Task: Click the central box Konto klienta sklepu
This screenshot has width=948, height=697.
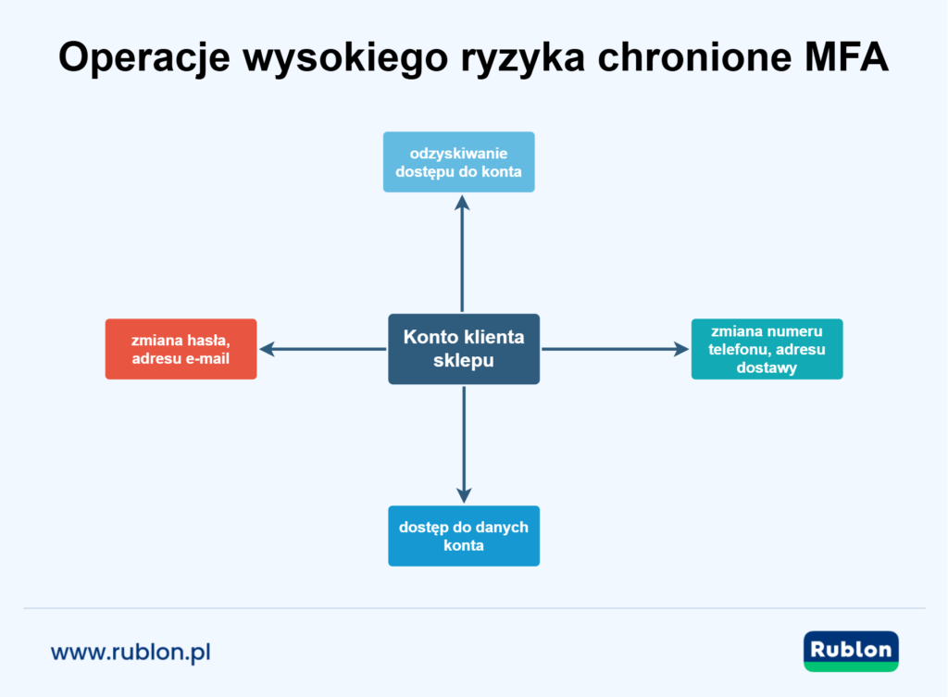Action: [x=463, y=349]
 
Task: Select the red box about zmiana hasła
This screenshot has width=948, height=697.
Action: [x=181, y=349]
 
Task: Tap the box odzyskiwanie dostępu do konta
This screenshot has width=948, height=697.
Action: [x=458, y=162]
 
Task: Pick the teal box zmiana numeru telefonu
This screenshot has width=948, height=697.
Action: [x=767, y=349]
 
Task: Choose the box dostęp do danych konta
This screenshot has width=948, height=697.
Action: [x=463, y=536]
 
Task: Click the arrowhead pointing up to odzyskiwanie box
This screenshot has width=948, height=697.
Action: [x=463, y=201]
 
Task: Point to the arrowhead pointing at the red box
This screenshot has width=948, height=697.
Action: [x=267, y=349]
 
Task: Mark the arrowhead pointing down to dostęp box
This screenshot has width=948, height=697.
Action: [x=464, y=495]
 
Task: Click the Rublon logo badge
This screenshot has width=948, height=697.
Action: [x=851, y=651]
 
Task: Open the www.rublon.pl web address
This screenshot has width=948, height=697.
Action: [x=131, y=652]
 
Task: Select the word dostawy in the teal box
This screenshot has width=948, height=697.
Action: [x=767, y=367]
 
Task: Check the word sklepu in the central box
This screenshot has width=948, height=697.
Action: [x=463, y=361]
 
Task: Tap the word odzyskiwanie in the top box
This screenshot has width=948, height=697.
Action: [x=458, y=153]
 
